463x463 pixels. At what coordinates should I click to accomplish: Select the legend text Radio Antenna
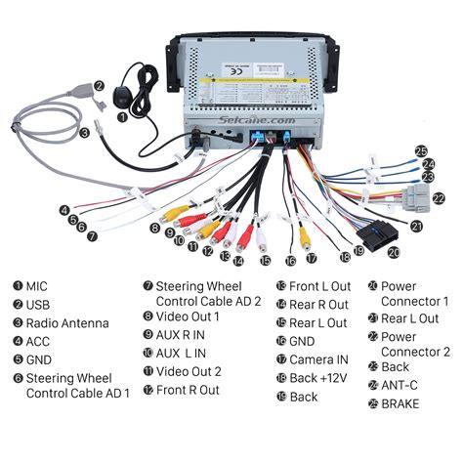(x=66, y=323)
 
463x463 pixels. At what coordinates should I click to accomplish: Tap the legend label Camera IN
(x=318, y=359)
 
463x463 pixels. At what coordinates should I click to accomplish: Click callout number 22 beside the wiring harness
(x=439, y=199)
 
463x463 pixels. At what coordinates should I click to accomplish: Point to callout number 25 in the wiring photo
(x=421, y=151)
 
